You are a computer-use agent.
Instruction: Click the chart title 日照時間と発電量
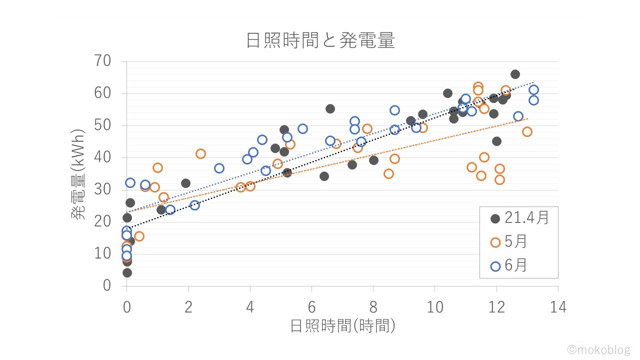pos(320,40)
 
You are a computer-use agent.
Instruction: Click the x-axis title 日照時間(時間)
pos(343,326)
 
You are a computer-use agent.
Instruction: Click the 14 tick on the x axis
pos(558,307)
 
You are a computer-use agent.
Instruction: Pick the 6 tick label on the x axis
pos(311,307)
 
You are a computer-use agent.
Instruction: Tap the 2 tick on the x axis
pos(188,307)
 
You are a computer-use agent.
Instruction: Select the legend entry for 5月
pos(510,242)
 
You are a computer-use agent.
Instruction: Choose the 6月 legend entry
pos(510,266)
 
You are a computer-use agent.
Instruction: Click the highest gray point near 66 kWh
pos(515,74)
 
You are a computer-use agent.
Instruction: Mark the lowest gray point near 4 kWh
pos(127,272)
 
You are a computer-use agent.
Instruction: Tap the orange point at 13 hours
pos(527,131)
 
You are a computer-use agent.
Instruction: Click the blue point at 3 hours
pos(219,168)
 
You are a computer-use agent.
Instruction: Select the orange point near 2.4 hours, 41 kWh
pos(200,153)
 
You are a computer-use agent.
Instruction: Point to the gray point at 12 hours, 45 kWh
pos(496,141)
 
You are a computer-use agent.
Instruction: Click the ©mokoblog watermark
pos(598,349)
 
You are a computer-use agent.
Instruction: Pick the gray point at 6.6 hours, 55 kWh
pos(330,108)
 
